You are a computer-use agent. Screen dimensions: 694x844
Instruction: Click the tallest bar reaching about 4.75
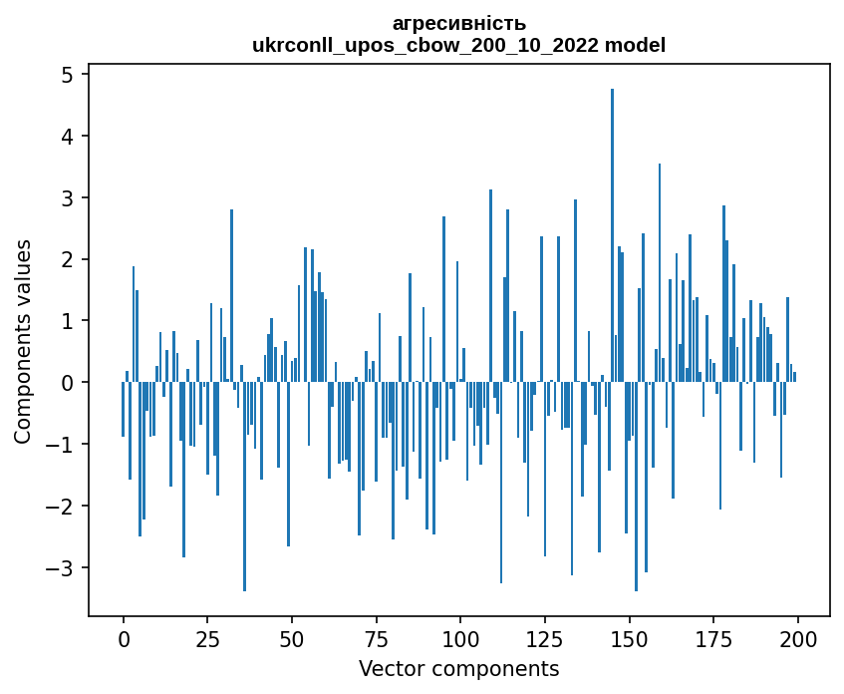pyautogui.click(x=612, y=234)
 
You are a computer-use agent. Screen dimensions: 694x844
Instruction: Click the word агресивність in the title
pyautogui.click(x=459, y=23)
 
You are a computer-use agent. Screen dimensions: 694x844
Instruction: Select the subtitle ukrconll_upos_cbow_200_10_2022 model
pyautogui.click(x=459, y=45)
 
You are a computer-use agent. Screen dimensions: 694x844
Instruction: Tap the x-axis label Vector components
pyautogui.click(x=458, y=668)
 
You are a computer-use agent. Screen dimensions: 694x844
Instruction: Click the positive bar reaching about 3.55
pyautogui.click(x=660, y=272)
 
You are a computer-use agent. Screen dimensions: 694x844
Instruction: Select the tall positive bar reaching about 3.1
pyautogui.click(x=490, y=285)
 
